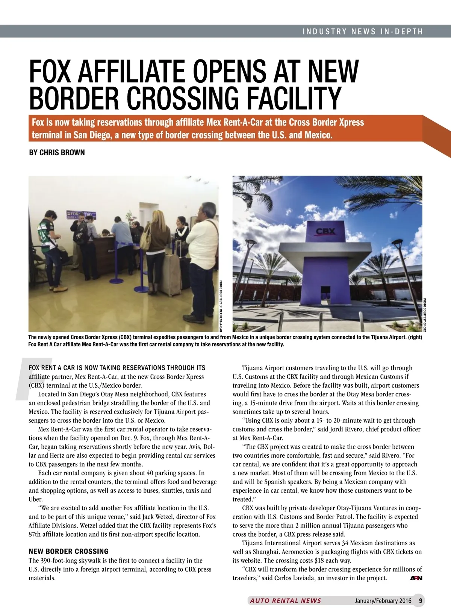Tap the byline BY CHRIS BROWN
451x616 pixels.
point(57,153)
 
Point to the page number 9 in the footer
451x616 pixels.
point(421,601)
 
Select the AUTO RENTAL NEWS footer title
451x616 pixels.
point(286,601)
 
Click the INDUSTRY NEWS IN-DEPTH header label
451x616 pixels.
point(363,32)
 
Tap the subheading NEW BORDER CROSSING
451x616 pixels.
point(68,551)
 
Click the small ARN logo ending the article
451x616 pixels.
point(416,578)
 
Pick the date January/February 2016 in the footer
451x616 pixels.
point(383,601)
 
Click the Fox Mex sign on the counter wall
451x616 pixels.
point(81,215)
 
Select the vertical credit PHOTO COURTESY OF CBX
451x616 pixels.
point(425,315)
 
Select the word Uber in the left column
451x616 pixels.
point(36,499)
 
